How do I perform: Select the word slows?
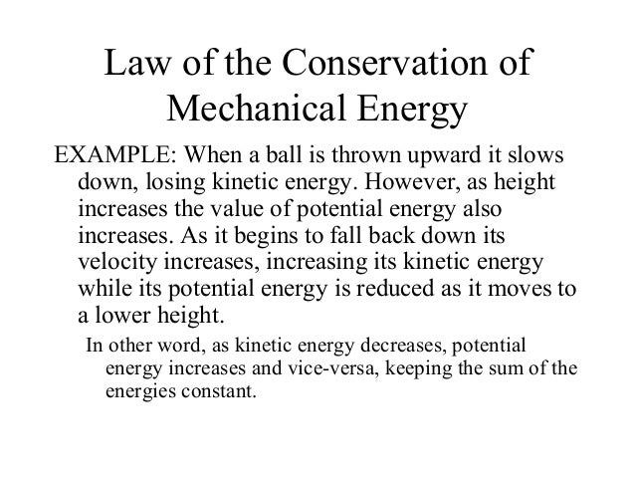coord(534,160)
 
